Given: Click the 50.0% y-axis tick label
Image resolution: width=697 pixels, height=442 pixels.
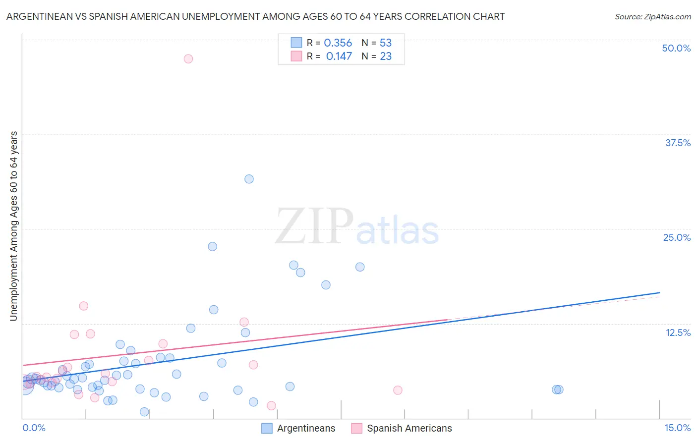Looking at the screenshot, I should point(676,48).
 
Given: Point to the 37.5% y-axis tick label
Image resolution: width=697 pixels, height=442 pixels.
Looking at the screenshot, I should point(678,143).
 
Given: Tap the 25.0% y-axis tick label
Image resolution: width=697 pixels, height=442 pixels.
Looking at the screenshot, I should point(677,237).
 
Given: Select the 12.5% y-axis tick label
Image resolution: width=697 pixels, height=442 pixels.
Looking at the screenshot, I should point(678,332).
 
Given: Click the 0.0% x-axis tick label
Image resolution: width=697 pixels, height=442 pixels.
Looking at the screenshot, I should point(34,428).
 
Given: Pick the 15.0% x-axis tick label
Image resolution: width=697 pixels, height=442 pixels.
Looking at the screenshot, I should point(677,428).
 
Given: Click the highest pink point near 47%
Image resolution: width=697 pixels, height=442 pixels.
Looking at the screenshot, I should point(188,58).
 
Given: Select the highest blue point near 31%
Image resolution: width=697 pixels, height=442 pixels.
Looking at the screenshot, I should point(249,179).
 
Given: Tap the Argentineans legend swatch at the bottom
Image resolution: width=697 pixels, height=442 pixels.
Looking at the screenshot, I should point(267,428).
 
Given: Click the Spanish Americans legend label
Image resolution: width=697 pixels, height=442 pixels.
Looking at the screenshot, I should point(409,428).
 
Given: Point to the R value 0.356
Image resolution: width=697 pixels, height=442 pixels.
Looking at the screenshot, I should point(338,43).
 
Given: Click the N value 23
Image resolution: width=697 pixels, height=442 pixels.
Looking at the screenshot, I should point(386,56).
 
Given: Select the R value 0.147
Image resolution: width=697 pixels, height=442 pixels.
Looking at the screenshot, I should point(339,56).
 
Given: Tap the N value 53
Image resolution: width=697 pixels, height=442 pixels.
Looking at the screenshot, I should point(386,43).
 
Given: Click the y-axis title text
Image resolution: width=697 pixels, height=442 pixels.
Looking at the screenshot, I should point(13,226).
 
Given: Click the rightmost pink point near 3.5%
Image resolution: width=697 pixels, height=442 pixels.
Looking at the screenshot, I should point(398,390).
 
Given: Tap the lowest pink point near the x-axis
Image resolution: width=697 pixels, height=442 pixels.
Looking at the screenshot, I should point(271,406).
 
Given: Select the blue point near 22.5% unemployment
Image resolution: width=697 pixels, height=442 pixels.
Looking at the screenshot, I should point(212,246).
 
